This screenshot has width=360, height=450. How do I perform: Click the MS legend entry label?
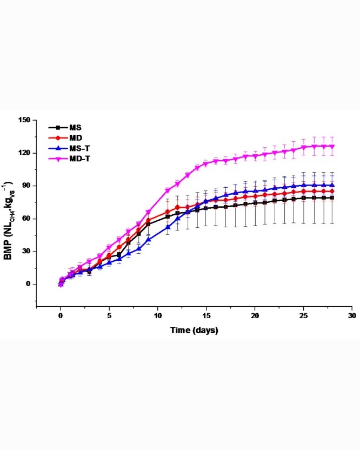[75, 128]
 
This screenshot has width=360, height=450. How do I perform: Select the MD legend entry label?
[76, 138]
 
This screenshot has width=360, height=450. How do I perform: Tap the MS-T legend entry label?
[79, 148]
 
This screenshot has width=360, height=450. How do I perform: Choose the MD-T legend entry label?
[79, 159]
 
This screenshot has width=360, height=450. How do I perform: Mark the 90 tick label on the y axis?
[26, 186]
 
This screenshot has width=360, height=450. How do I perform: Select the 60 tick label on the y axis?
[26, 219]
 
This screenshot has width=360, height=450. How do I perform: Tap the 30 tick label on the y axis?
[26, 251]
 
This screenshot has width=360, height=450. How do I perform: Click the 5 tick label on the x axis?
[109, 316]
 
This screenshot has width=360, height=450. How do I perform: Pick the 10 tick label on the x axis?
[158, 316]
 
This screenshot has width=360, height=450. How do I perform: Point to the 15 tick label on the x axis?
[206, 316]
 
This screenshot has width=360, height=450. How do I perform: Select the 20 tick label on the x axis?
[255, 316]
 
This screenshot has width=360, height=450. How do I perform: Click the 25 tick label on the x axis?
[303, 316]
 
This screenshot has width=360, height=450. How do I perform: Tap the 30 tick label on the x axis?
[352, 316]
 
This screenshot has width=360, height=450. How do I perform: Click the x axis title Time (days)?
[194, 330]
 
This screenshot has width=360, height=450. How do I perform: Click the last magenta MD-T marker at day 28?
[332, 146]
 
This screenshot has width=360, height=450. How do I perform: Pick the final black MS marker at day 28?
[332, 198]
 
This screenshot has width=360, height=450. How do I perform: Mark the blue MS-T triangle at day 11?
[168, 227]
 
